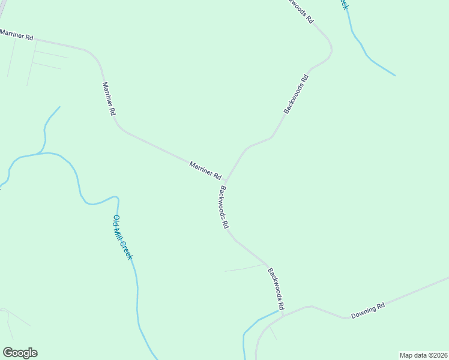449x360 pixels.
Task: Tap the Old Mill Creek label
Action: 122,237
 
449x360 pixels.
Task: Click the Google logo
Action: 20,353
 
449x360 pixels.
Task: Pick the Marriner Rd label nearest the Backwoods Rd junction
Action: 205,170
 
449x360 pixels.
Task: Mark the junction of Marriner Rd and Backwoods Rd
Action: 225,182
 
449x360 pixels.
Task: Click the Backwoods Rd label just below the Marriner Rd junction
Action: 224,208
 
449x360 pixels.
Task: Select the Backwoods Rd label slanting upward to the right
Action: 297,94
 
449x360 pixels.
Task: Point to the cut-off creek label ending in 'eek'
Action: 343,5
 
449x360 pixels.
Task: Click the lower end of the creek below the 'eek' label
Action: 395,76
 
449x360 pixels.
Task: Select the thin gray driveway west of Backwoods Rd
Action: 244,268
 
